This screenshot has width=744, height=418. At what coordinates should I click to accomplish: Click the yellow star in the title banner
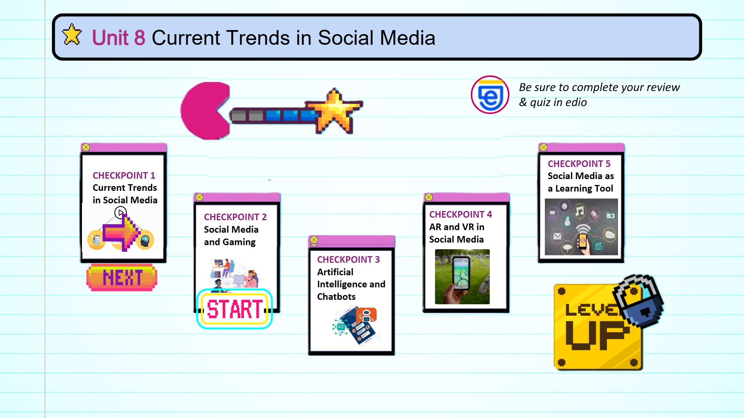click(72, 34)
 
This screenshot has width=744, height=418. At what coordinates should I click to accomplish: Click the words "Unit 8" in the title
click(118, 37)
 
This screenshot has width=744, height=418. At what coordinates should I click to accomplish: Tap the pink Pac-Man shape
click(205, 111)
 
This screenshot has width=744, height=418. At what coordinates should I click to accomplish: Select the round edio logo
click(490, 95)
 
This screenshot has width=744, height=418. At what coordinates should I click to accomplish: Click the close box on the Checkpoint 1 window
click(86, 147)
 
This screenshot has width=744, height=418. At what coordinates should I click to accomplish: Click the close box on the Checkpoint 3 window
click(314, 240)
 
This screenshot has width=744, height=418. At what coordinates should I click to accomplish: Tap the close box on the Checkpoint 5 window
click(543, 147)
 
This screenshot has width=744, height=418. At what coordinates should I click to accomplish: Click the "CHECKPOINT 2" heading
click(235, 217)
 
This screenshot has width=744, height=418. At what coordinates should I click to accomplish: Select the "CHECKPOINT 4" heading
click(460, 214)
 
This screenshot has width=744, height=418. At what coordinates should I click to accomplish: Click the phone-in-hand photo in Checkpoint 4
click(462, 277)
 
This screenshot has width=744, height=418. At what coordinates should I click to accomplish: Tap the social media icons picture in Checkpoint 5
click(581, 227)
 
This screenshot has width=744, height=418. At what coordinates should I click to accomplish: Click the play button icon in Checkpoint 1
click(121, 212)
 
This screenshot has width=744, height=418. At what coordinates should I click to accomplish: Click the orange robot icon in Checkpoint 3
click(366, 315)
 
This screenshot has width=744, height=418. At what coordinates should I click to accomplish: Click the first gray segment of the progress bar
click(238, 116)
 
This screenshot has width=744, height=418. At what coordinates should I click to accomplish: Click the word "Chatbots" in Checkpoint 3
click(336, 297)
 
